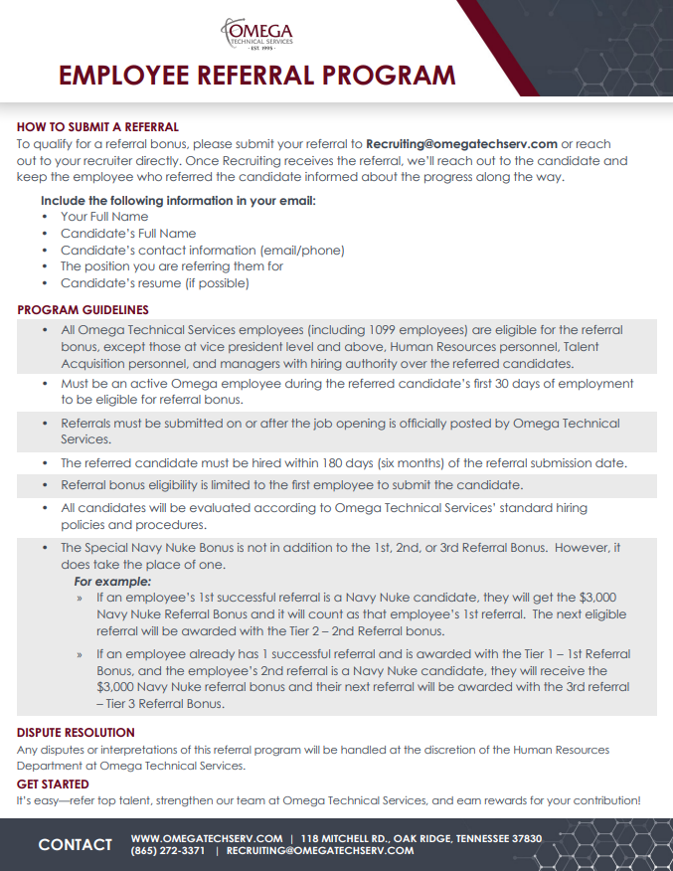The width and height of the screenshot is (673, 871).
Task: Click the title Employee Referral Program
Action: pyautogui.click(x=256, y=76)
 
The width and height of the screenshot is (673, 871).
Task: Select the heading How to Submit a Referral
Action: pyautogui.click(x=97, y=127)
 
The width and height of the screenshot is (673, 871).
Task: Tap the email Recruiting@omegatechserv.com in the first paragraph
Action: pyautogui.click(x=461, y=143)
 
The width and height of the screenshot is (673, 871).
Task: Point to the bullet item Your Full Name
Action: pyautogui.click(x=104, y=217)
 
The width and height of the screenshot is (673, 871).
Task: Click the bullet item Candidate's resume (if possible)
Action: pyautogui.click(x=154, y=283)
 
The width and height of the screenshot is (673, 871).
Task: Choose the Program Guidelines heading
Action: pyautogui.click(x=83, y=310)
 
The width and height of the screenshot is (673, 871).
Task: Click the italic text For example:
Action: pyautogui.click(x=113, y=582)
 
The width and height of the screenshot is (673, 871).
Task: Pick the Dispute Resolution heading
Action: pyautogui.click(x=76, y=734)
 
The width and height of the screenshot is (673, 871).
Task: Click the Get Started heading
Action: pyautogui.click(x=53, y=784)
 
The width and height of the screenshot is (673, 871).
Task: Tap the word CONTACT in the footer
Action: pyautogui.click(x=75, y=844)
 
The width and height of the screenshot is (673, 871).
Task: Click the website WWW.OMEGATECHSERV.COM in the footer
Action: pyautogui.click(x=206, y=838)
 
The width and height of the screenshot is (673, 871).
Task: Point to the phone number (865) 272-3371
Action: pyautogui.click(x=168, y=852)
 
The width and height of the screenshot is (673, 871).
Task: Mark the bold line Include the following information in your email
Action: pyautogui.click(x=178, y=201)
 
